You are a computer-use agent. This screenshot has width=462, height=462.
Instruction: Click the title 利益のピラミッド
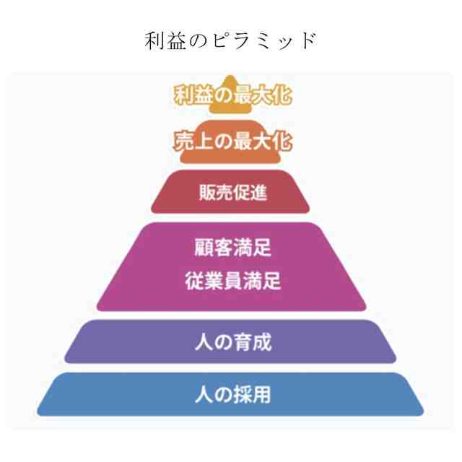pyautogui.click(x=230, y=40)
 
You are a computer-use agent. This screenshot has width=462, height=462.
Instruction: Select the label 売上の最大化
pyautogui.click(x=232, y=141)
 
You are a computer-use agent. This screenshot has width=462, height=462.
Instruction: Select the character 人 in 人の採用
pyautogui.click(x=203, y=395)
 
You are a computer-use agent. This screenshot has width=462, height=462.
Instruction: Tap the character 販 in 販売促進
pyautogui.click(x=206, y=193)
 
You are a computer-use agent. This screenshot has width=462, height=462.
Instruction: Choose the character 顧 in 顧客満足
pyautogui.click(x=204, y=249)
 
